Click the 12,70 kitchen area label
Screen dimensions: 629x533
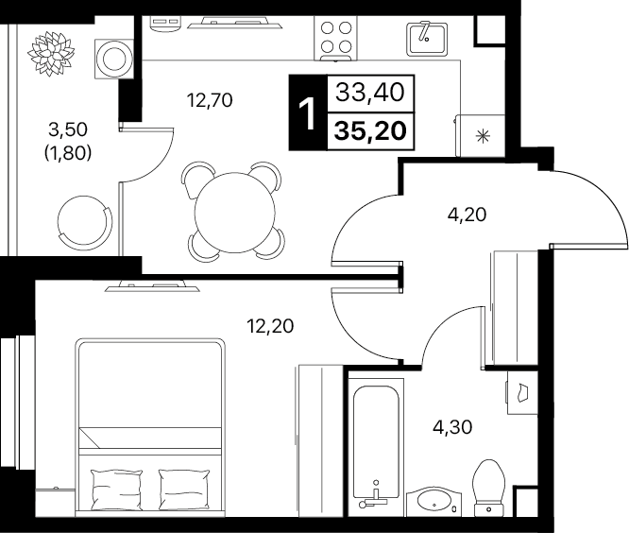point(210,100)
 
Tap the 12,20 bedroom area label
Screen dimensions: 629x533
point(270,326)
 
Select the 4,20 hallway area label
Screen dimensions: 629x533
point(467,215)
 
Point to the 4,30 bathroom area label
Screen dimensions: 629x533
point(452,427)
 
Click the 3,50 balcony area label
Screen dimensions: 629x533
point(68,129)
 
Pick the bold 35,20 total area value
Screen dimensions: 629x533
point(370,130)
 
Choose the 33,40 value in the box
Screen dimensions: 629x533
point(370,93)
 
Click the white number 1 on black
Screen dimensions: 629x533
point(308,114)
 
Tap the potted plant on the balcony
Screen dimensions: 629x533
point(51,53)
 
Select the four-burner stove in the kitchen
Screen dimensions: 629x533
point(335,39)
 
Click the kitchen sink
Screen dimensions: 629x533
point(427,39)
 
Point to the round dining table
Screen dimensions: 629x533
point(234,213)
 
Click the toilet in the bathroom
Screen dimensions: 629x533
point(488,488)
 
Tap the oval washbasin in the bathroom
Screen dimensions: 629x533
point(433,501)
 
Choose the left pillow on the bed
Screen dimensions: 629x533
point(117,490)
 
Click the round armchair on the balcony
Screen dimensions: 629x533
point(84,221)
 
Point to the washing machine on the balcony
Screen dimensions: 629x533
point(114,59)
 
